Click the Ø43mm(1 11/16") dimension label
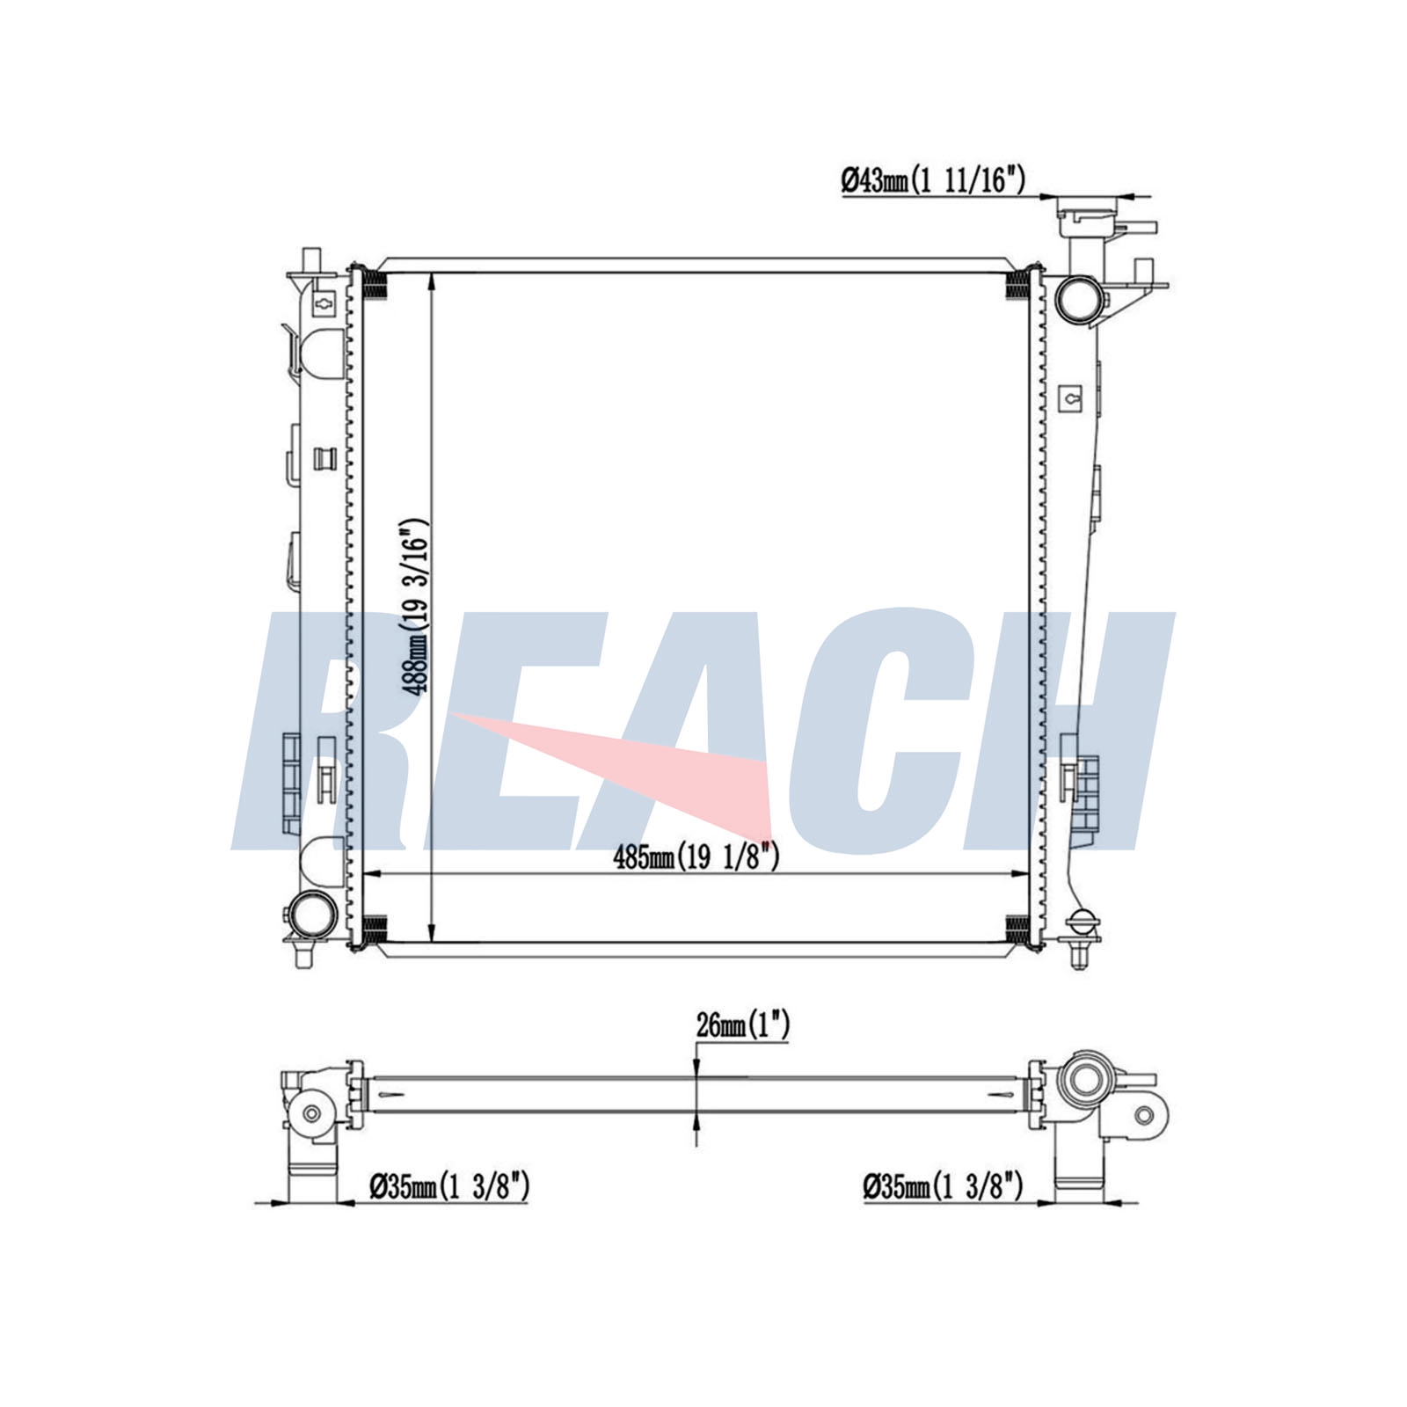click(x=933, y=181)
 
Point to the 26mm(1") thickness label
click(x=742, y=1024)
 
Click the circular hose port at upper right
click(x=1079, y=299)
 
